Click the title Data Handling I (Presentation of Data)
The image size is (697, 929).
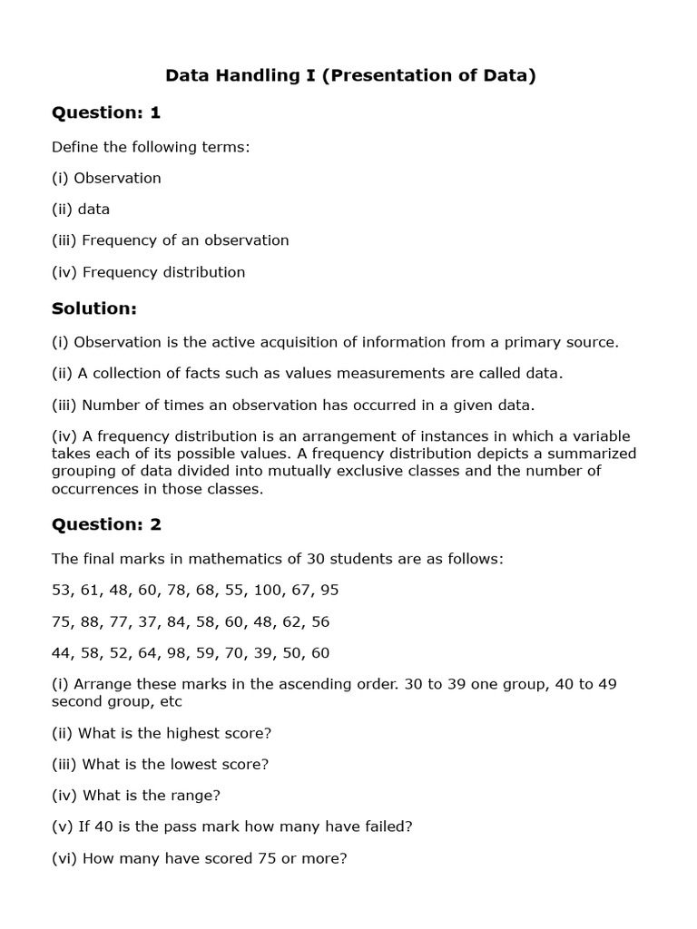point(349,75)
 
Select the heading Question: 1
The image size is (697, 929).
point(106,112)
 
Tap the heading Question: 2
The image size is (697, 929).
point(106,524)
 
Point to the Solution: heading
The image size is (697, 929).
point(94,308)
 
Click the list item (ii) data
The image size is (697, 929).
point(81,210)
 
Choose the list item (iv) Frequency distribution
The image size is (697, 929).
point(149,272)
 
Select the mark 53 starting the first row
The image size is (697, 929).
point(62,591)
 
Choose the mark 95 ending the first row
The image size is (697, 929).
point(329,591)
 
